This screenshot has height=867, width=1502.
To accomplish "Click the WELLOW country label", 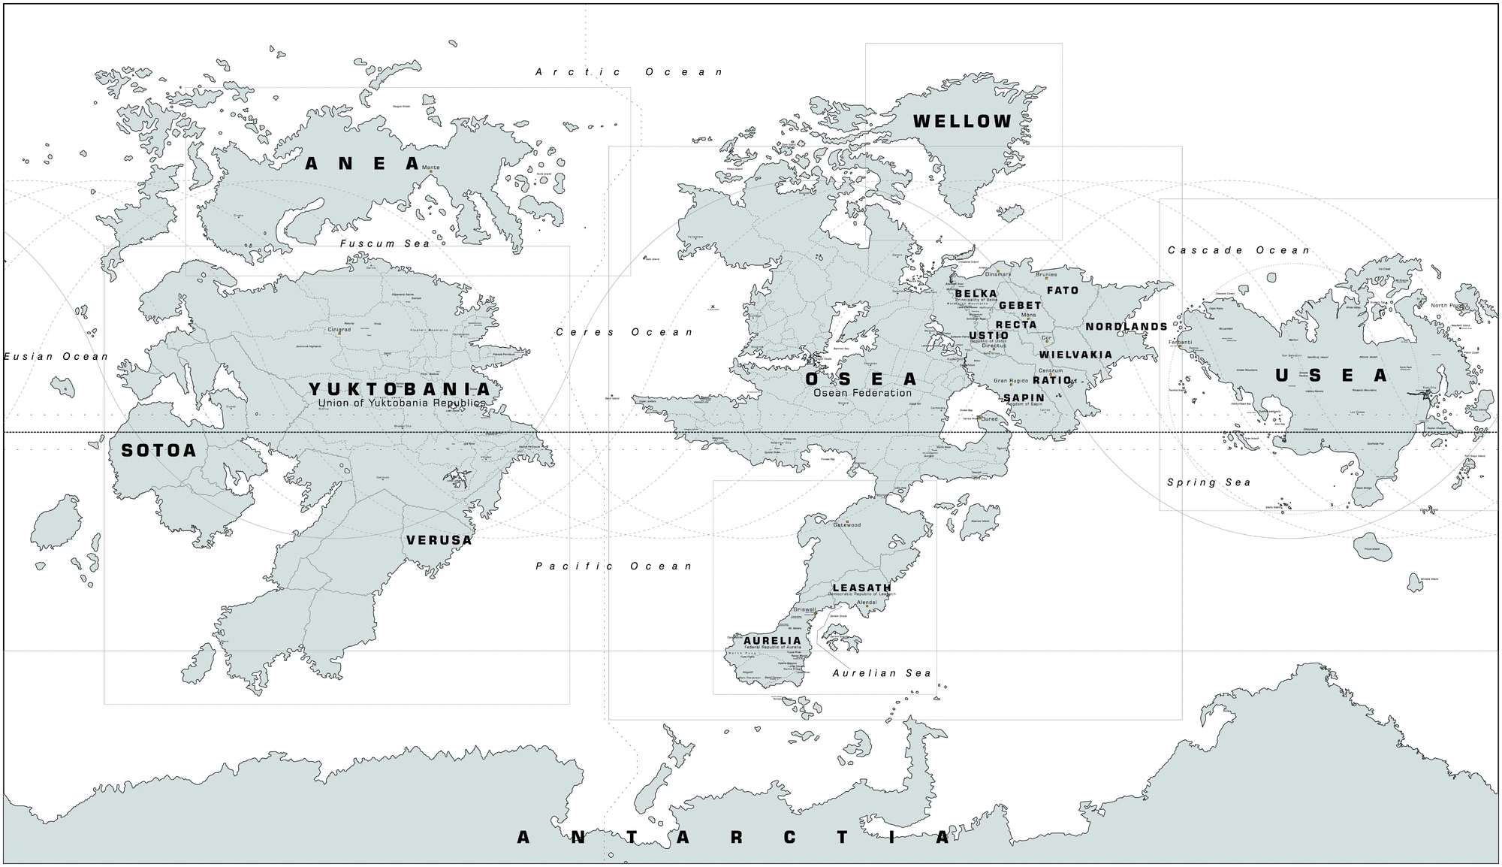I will pyautogui.click(x=962, y=122).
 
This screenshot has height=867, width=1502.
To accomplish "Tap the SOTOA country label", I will pyautogui.click(x=158, y=451).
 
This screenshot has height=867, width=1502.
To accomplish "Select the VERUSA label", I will pyautogui.click(x=439, y=540).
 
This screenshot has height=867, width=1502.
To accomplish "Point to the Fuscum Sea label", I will pyautogui.click(x=385, y=243).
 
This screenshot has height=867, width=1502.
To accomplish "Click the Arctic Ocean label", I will pyautogui.click(x=629, y=72).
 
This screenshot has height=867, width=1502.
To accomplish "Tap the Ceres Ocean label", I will pyautogui.click(x=625, y=332).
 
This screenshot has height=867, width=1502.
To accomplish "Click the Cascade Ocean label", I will pyautogui.click(x=1238, y=250).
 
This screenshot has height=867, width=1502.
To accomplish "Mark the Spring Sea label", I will pyautogui.click(x=1209, y=482).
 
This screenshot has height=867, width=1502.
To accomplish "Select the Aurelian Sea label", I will pyautogui.click(x=882, y=673).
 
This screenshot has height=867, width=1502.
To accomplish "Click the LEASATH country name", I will pyautogui.click(x=861, y=588).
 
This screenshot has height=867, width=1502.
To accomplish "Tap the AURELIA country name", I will pyautogui.click(x=772, y=641).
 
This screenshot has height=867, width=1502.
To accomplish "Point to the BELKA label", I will pyautogui.click(x=976, y=294).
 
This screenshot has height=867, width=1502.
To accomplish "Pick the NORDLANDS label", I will pyautogui.click(x=1126, y=327).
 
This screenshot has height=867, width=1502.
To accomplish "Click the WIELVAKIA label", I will pyautogui.click(x=1075, y=355).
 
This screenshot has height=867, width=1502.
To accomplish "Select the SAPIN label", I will pyautogui.click(x=1024, y=398).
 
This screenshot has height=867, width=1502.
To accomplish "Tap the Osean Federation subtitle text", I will pyautogui.click(x=862, y=393).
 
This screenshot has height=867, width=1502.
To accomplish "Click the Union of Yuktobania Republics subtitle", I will pyautogui.click(x=401, y=403).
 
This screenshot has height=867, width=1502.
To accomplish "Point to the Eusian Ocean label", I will pyautogui.click(x=56, y=356).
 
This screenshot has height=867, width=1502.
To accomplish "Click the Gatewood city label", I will pyautogui.click(x=847, y=525).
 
